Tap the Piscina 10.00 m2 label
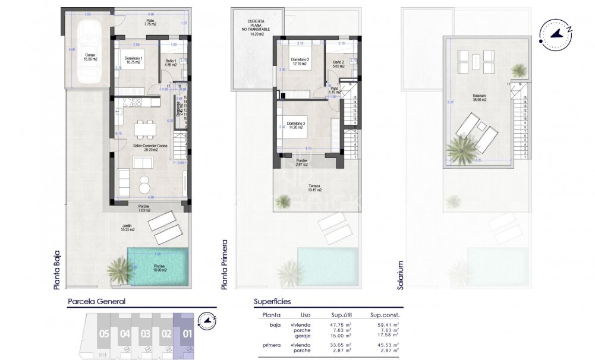[159, 267]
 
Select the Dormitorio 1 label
[134, 60]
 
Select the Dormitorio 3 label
[299, 125]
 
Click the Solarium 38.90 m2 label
[479, 97]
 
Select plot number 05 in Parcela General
[104, 334]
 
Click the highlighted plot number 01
[187, 334]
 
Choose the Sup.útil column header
[341, 315]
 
